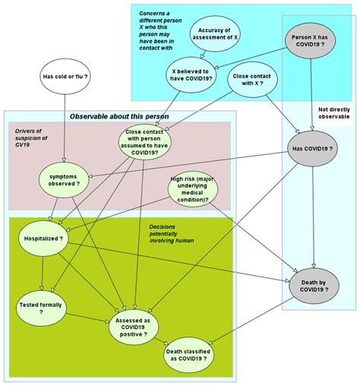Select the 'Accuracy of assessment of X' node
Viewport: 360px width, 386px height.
coord(214,35)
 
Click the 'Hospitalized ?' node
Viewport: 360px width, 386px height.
coord(44,237)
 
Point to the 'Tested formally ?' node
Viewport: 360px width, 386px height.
coord(41,308)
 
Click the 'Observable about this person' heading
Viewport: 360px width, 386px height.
coord(119,116)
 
